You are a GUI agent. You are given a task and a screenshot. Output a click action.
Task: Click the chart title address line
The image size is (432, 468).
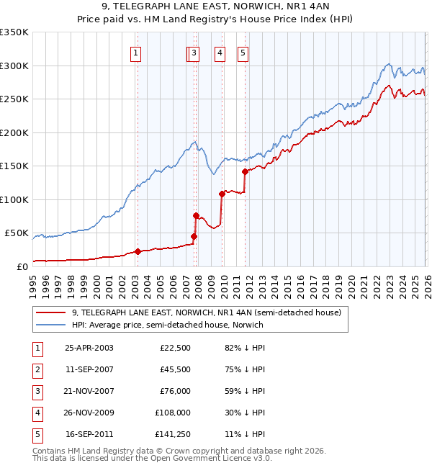click(216, 6)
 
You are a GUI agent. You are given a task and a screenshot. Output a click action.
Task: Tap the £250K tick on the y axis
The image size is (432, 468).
click(14, 99)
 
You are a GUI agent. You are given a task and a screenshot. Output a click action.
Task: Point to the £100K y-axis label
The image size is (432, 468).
click(14, 199)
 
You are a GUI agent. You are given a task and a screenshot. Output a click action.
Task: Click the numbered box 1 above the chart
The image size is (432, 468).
click(136, 52)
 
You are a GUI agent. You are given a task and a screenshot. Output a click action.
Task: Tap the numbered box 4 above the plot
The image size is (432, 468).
click(220, 52)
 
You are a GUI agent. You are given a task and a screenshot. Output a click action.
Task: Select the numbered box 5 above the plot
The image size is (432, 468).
click(243, 52)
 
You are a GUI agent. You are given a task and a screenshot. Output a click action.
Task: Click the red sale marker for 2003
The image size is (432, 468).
click(138, 251)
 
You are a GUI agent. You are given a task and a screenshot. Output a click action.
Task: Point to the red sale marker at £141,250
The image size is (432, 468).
click(245, 171)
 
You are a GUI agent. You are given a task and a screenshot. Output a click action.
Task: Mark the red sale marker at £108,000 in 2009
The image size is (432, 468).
click(222, 194)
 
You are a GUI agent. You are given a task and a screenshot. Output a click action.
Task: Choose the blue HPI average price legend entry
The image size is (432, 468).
click(168, 325)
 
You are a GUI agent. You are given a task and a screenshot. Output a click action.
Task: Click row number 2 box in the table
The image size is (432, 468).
click(36, 369)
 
